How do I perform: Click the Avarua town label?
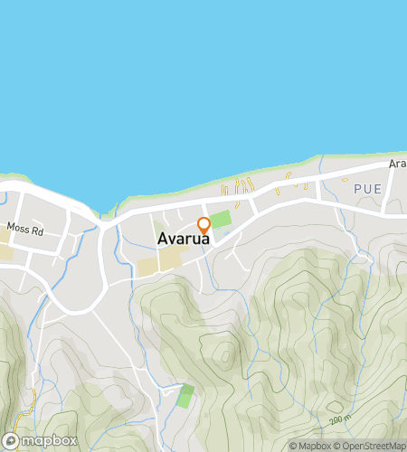(185, 240)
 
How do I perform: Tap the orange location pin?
(204, 224)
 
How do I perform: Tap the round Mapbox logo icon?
(12, 440)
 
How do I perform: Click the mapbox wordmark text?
(49, 440)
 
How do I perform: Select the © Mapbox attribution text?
(309, 446)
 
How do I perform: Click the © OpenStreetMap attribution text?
(371, 446)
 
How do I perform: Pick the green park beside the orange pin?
(220, 220)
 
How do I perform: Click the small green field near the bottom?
(186, 395)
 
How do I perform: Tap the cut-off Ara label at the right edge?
(398, 165)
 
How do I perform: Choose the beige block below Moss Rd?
(5, 249)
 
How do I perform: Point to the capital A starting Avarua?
(162, 240)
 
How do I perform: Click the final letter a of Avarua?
(207, 240)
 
